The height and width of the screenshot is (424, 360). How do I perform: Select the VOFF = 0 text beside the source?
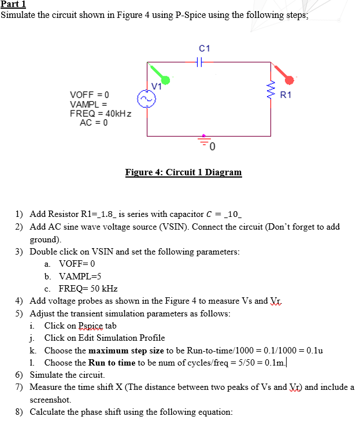pyautogui.click(x=90, y=94)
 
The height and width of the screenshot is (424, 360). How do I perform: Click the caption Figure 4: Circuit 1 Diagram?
pyautogui.click(x=183, y=172)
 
